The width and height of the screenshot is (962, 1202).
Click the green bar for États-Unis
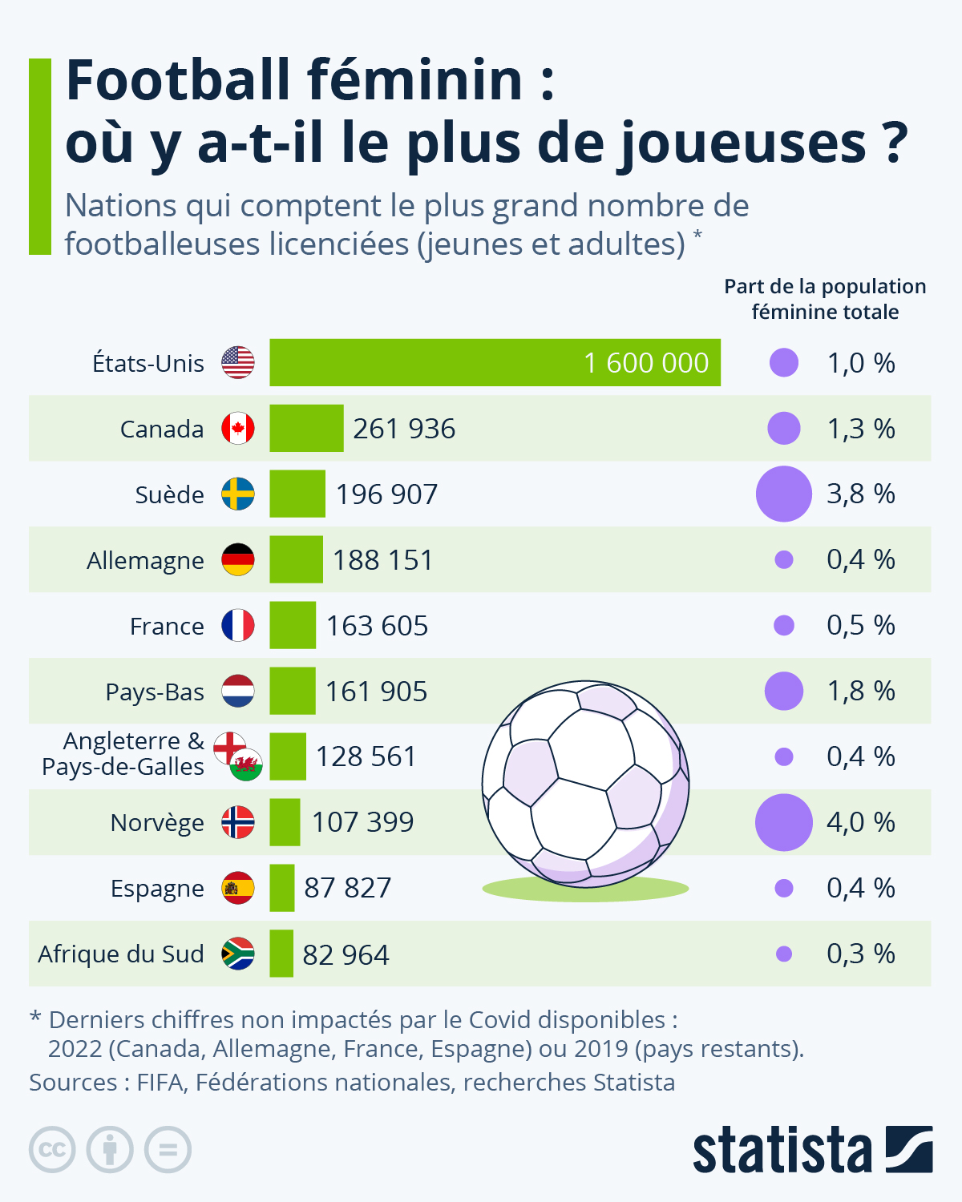495,362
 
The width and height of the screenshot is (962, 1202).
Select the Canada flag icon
238,429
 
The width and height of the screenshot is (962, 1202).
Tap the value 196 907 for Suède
386,494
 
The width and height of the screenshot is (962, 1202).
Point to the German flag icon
238,559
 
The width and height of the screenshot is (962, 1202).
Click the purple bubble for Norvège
784,822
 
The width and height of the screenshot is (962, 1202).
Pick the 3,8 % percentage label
860,494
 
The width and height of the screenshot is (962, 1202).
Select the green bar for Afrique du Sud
281,954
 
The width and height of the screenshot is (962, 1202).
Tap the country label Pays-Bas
155,692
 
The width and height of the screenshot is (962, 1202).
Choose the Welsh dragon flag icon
246,765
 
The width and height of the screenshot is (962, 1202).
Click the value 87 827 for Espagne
347,888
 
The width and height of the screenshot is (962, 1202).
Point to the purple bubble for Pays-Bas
784,691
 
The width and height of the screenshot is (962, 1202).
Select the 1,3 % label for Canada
860,429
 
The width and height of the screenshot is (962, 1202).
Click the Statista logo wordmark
782,1151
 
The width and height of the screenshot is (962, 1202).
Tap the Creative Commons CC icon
52,1150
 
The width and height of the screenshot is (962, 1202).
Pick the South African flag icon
238,954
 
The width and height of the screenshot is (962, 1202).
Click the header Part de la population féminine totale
825,299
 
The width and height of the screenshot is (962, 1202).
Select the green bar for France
293,625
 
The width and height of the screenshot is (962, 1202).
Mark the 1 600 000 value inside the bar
646,363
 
